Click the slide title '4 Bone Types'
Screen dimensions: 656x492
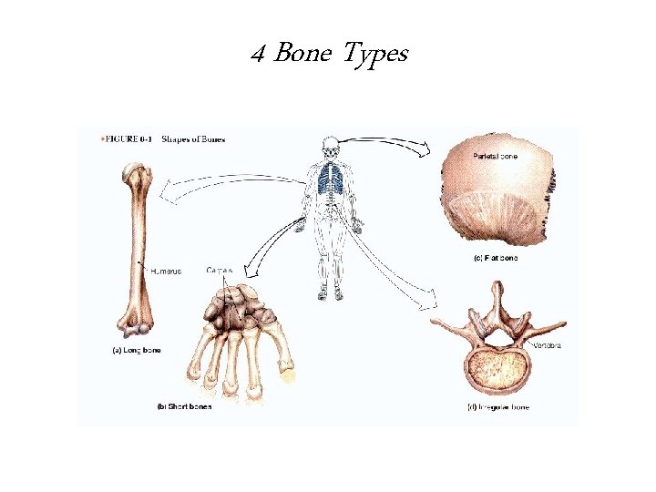click(329, 56)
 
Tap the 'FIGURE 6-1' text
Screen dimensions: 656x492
click(125, 139)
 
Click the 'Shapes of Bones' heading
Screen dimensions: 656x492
click(193, 139)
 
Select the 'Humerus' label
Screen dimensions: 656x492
click(166, 271)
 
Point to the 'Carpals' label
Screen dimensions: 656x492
click(220, 270)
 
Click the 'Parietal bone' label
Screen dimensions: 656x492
click(495, 157)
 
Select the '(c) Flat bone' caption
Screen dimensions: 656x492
click(495, 258)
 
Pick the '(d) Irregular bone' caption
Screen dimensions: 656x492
click(497, 406)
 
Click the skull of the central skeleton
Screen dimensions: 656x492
click(329, 147)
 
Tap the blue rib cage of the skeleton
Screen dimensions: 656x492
click(329, 180)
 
